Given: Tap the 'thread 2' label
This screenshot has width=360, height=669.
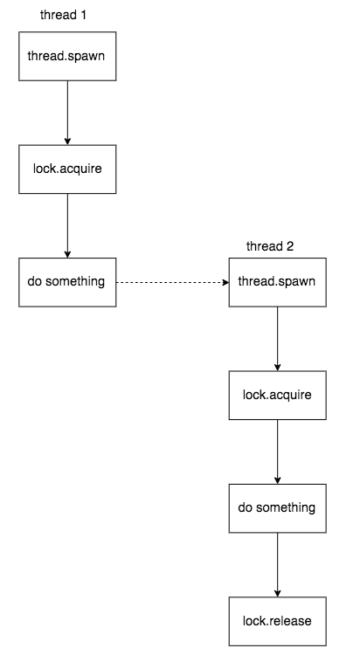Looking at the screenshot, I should pos(271,246).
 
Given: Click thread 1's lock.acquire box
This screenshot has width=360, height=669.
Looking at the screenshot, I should pos(67,168).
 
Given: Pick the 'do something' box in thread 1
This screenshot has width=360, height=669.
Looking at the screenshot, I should pos(67,282).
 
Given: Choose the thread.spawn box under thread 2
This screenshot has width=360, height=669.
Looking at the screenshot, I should pos(277,282).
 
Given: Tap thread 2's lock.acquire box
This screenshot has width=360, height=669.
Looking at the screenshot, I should pos(277,395).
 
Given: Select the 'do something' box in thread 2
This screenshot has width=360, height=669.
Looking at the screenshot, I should pos(277,507).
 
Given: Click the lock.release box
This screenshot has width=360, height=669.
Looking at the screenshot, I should pos(277,621).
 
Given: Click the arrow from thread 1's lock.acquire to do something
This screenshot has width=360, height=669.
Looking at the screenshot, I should pos(67,224).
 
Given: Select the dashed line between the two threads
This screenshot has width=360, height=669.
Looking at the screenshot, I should pos(170,282).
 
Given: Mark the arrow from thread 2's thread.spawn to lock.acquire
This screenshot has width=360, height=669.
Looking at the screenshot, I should pos(277,337).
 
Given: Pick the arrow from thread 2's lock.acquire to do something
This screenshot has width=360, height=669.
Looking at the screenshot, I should pos(277,451).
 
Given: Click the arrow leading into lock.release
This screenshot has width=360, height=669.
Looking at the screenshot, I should pos(277,563).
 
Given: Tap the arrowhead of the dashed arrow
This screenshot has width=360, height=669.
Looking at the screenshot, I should pos(224,282).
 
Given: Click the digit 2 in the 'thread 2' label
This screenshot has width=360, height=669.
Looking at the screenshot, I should pos(291,246).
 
